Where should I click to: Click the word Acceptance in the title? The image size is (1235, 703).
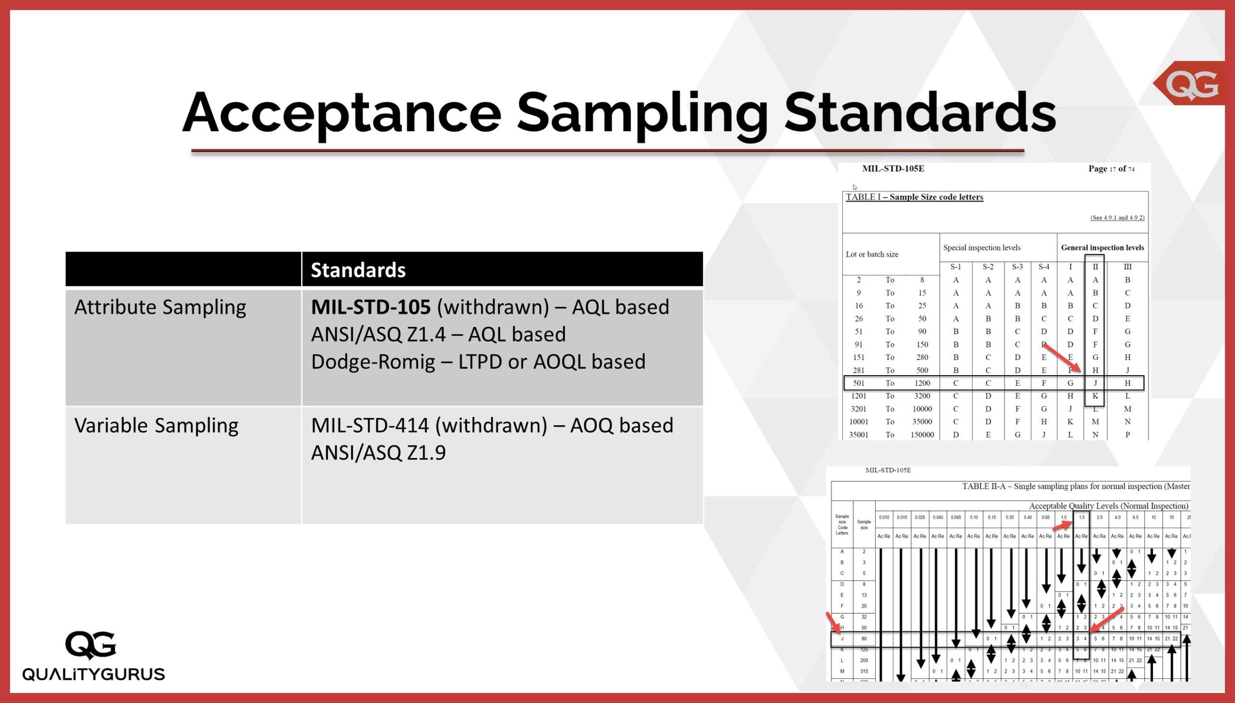[342, 113]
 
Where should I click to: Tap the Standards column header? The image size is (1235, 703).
[358, 270]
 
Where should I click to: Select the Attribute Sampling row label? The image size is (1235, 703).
[160, 307]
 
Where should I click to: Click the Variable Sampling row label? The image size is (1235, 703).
[156, 425]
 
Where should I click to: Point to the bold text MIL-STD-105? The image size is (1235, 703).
[370, 307]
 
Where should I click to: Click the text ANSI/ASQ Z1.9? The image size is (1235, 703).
[378, 453]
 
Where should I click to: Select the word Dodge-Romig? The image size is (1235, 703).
[373, 362]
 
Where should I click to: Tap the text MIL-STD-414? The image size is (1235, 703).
[370, 425]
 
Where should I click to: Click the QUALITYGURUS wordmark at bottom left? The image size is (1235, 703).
[94, 674]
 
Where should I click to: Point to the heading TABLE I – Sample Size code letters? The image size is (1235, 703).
[914, 197]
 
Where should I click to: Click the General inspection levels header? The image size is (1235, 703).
[1102, 248]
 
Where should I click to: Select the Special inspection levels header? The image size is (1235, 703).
[981, 248]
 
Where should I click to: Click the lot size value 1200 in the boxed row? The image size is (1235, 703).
[921, 383]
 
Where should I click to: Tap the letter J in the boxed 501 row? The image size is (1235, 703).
[1095, 383]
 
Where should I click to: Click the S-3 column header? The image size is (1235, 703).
[1017, 267]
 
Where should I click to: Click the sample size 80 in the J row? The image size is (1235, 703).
[864, 638]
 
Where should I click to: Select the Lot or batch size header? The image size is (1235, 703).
[871, 255]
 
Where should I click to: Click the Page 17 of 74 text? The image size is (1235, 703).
[1111, 168]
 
